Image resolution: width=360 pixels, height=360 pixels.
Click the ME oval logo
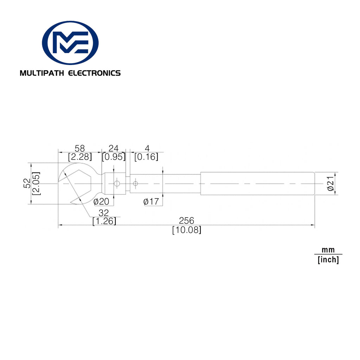click(x=70, y=43)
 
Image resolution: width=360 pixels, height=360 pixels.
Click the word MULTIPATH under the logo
click(x=42, y=73)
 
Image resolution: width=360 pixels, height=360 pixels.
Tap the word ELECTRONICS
click(x=94, y=73)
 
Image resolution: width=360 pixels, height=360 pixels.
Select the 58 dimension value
click(x=80, y=148)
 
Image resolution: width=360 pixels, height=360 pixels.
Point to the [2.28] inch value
click(x=80, y=157)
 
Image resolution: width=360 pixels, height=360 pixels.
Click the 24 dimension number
click(x=114, y=148)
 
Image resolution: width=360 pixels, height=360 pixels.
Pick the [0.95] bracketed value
click(x=114, y=157)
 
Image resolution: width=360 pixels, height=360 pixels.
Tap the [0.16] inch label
click(x=146, y=157)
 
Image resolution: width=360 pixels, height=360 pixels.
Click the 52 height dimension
click(x=27, y=183)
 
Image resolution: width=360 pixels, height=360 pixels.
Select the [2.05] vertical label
click(x=36, y=184)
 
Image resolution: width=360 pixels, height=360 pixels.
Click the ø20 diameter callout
click(x=101, y=202)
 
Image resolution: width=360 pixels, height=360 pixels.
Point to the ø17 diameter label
click(x=151, y=202)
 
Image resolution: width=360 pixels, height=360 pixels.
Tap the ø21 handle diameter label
click(x=330, y=184)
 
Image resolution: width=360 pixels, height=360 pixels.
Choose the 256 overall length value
click(x=186, y=221)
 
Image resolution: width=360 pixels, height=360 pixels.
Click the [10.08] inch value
click(x=187, y=230)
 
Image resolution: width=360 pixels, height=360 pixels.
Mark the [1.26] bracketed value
click(x=104, y=221)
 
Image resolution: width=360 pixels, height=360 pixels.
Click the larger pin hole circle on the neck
click(x=117, y=184)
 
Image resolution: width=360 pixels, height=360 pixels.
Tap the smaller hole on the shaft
click(x=135, y=184)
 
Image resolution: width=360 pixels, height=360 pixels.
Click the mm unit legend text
click(x=328, y=250)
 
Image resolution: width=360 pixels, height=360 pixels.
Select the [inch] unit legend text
click(x=328, y=260)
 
